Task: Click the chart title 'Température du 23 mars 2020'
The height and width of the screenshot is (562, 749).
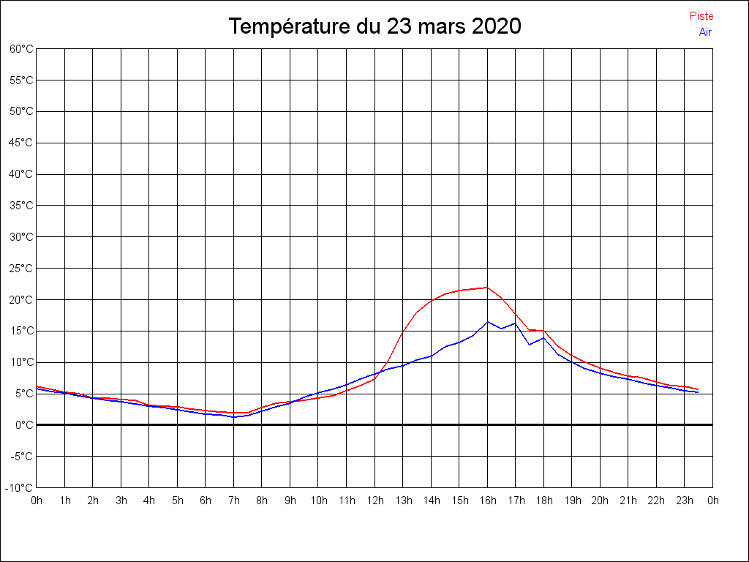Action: tap(374, 26)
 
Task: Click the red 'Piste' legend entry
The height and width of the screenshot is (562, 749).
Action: tap(701, 16)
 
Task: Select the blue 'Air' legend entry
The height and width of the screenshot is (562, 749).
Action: tap(705, 32)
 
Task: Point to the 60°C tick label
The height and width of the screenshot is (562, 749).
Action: tap(21, 49)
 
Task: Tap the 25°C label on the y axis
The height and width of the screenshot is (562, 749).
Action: tap(21, 269)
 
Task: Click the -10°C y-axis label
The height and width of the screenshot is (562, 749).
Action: tap(20, 487)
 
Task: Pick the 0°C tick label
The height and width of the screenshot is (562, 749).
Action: tap(24, 424)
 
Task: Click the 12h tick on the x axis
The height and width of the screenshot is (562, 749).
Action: tap(374, 501)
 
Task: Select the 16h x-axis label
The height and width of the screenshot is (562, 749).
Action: tap(488, 501)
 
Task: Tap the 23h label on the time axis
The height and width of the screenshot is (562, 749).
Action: tap(685, 501)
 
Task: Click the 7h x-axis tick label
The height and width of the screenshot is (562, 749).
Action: tap(233, 501)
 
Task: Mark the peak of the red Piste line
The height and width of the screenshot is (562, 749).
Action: tap(487, 287)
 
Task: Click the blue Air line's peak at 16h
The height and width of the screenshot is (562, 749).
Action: tap(488, 321)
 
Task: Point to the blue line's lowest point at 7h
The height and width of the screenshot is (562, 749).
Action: tap(234, 416)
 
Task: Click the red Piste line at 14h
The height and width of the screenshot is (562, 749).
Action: tap(432, 300)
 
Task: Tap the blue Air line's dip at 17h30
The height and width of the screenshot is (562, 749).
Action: tap(530, 344)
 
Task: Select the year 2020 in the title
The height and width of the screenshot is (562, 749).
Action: tap(496, 26)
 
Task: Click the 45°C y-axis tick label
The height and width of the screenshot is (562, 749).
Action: tap(21, 143)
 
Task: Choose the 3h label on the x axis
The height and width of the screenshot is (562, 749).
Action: tap(121, 501)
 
